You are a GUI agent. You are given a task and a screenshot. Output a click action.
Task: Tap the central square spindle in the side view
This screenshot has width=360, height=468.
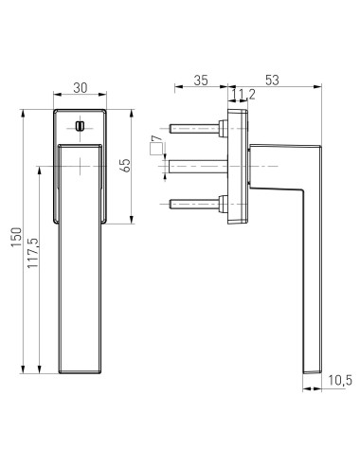tap(194, 166)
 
